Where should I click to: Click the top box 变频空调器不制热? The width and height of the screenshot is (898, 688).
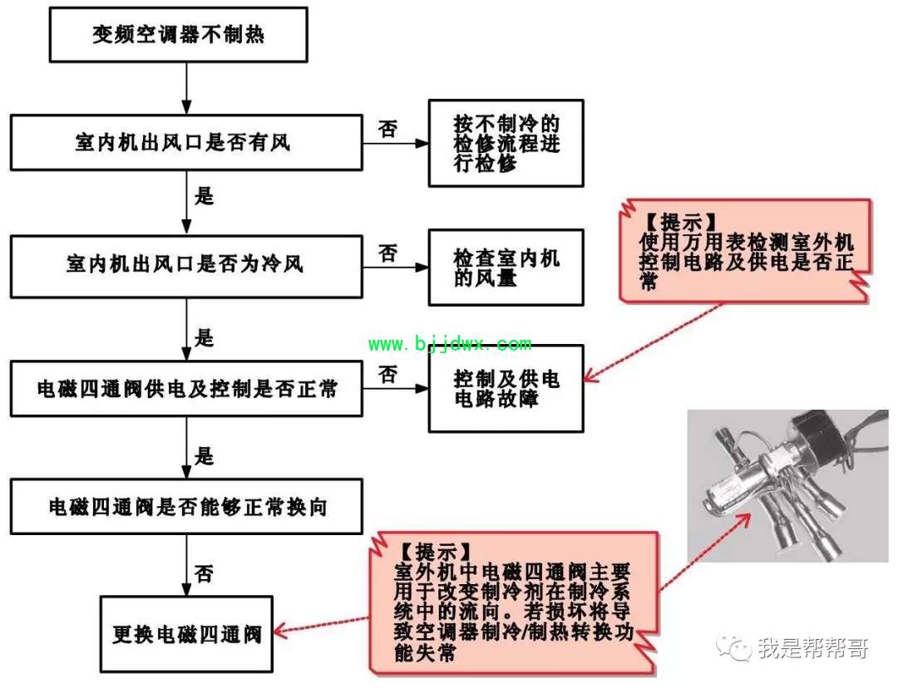pos(178,35)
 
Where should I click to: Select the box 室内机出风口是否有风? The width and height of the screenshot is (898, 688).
pos(186,143)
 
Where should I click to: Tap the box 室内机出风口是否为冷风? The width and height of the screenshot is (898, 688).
pos(186,267)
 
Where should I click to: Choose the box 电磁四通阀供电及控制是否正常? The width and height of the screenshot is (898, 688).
pos(186,389)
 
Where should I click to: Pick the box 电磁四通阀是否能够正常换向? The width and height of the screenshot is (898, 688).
pos(186,507)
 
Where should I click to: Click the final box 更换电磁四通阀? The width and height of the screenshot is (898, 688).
pos(186,634)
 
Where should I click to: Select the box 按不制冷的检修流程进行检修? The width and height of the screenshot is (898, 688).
pos(506,143)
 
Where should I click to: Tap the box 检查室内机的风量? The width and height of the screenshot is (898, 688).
pos(506,268)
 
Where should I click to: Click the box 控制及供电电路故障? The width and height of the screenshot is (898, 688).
pos(506,388)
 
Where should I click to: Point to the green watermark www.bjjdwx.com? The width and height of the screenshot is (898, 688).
pos(450,343)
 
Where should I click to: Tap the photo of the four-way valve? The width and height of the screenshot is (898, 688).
pos(788,485)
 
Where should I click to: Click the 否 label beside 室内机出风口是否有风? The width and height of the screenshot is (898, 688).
pos(387,129)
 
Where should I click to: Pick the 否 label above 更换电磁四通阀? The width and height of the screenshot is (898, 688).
pos(204,573)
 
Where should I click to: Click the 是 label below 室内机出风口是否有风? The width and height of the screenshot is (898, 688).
pos(204,196)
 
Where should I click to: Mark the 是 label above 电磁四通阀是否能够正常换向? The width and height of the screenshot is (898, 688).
pos(204,456)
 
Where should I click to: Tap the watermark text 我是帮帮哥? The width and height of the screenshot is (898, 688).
pos(813,648)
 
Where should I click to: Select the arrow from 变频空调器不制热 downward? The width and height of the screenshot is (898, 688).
pos(186,88)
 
